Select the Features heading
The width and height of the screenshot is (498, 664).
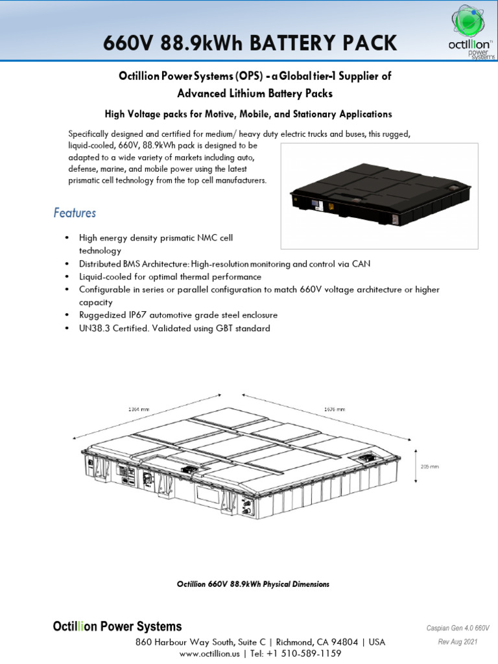click(75, 213)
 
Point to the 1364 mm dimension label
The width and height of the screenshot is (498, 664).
click(139, 409)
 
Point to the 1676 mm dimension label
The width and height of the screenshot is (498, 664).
click(334, 409)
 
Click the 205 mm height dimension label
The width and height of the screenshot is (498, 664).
click(430, 466)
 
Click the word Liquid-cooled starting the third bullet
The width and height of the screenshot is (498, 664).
click(106, 277)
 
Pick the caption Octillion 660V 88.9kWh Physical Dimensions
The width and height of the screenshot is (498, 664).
click(253, 584)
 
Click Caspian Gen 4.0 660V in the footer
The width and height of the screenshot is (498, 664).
click(457, 628)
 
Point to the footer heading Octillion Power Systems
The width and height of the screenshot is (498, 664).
click(117, 627)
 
